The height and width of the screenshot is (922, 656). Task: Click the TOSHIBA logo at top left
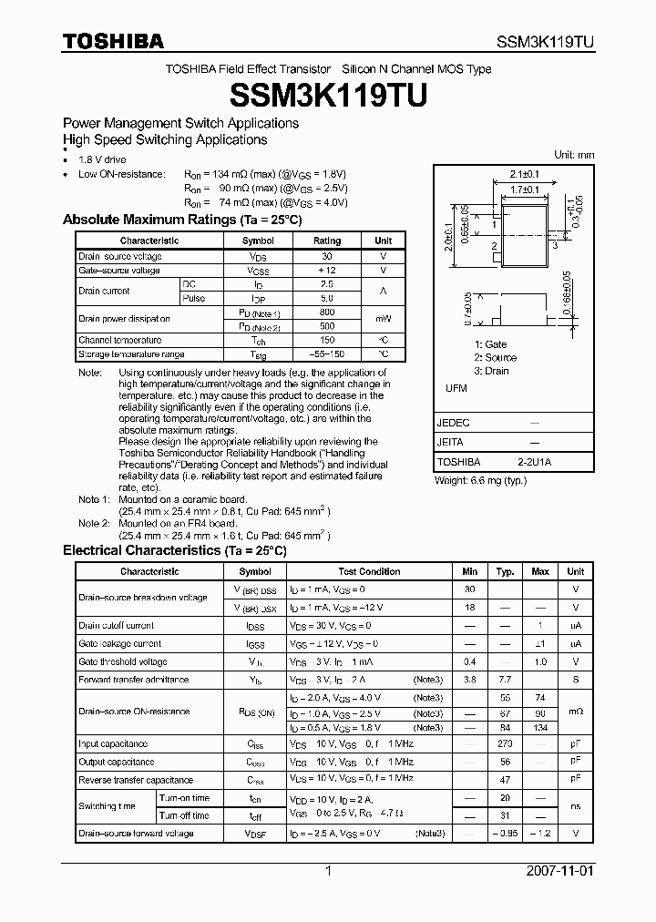(x=113, y=40)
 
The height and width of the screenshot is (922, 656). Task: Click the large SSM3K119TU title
(x=327, y=94)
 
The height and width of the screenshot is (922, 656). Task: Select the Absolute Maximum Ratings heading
(x=181, y=220)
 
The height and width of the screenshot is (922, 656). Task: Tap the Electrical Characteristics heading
(x=174, y=550)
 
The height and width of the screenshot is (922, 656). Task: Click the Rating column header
(x=327, y=241)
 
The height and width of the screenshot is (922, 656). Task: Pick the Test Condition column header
(x=369, y=571)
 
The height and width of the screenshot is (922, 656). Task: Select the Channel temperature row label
(x=119, y=340)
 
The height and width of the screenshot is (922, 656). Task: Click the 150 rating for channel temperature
(x=327, y=340)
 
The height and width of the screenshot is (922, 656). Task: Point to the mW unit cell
(x=383, y=319)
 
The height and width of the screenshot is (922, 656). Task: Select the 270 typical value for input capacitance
(x=505, y=744)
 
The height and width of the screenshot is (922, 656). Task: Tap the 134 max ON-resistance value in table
(x=540, y=727)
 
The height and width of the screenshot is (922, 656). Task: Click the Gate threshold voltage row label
(x=122, y=661)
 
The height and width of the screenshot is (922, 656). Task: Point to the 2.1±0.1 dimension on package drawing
(x=525, y=173)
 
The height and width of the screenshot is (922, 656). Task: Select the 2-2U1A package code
(x=533, y=462)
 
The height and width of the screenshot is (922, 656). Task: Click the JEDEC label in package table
(x=454, y=423)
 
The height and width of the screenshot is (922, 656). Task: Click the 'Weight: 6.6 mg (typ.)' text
(x=480, y=480)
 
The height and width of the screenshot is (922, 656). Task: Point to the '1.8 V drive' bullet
(x=103, y=159)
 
